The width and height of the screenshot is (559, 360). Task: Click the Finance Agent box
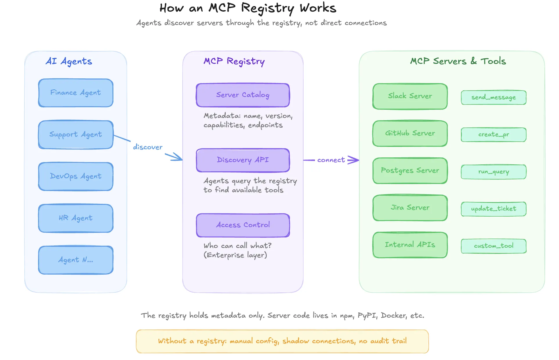(x=75, y=93)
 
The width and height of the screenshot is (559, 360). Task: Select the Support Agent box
(x=75, y=135)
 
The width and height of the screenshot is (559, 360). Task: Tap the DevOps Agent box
(x=75, y=177)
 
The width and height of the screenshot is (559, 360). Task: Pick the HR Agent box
(x=75, y=218)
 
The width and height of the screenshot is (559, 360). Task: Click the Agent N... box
(x=75, y=260)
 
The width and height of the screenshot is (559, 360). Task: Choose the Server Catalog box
(x=243, y=95)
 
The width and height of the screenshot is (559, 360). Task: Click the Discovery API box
(x=243, y=160)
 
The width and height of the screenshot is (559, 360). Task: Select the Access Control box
(x=243, y=225)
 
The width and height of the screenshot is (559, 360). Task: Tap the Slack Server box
(x=410, y=96)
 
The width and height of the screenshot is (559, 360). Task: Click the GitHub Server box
(x=410, y=134)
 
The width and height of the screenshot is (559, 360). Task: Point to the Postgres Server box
(x=410, y=171)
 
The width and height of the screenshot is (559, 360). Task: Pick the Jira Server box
(x=410, y=208)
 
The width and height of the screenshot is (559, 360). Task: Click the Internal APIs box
(x=410, y=245)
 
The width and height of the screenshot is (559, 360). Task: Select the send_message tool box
(x=493, y=98)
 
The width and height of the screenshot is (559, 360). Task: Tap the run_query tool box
(x=493, y=172)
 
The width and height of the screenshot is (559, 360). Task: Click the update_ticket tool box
(x=493, y=209)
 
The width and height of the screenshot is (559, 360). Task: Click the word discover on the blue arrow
(x=148, y=147)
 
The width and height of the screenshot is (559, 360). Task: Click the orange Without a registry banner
(x=282, y=341)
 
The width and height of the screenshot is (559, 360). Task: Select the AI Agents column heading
(x=69, y=62)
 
